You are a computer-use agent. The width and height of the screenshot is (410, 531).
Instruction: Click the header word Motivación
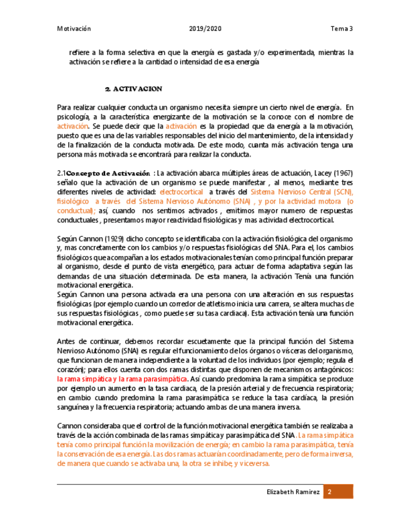(74, 29)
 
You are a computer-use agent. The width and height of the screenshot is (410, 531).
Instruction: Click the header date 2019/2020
(205, 29)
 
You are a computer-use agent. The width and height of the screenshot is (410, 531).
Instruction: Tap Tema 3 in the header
(342, 29)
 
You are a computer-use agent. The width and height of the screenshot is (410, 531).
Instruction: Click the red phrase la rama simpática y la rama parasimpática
(122, 379)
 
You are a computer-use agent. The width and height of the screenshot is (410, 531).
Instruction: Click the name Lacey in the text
(315, 173)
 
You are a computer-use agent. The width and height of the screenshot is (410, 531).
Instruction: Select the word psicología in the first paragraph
(73, 117)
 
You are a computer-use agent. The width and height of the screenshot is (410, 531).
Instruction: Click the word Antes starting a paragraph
(66, 341)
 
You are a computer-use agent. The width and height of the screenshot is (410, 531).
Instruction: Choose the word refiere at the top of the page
(79, 53)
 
